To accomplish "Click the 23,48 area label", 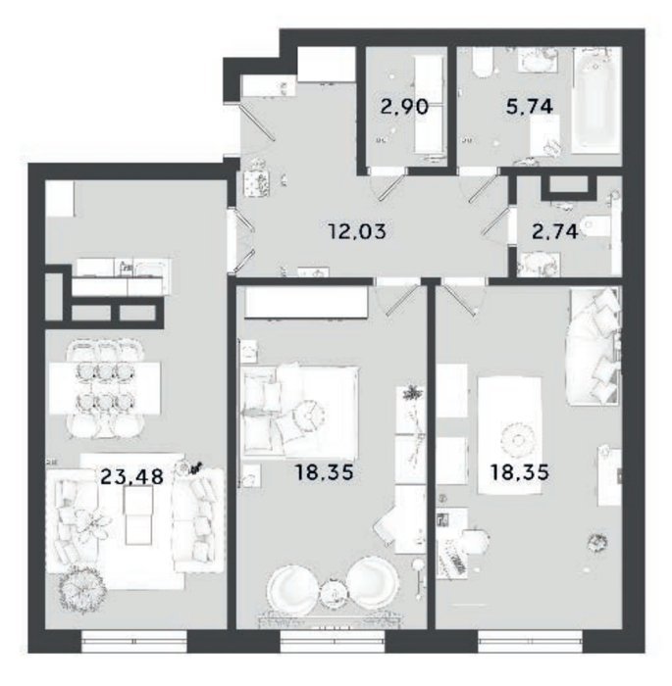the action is (x=131, y=475).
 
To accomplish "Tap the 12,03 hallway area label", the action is (x=357, y=230).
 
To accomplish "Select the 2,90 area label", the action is (x=404, y=106).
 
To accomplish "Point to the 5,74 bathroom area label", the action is (x=529, y=106).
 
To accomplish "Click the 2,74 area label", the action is (x=555, y=231).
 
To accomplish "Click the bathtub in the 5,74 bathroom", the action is (x=596, y=100).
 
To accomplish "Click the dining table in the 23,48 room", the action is (x=104, y=387).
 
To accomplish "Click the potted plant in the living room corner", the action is (x=83, y=588).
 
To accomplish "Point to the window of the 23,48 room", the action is (x=134, y=642).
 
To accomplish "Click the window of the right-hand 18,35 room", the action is (x=531, y=642).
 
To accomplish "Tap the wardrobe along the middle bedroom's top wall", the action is (x=306, y=303).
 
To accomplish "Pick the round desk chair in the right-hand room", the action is (x=475, y=542).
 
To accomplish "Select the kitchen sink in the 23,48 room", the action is (x=151, y=269).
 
